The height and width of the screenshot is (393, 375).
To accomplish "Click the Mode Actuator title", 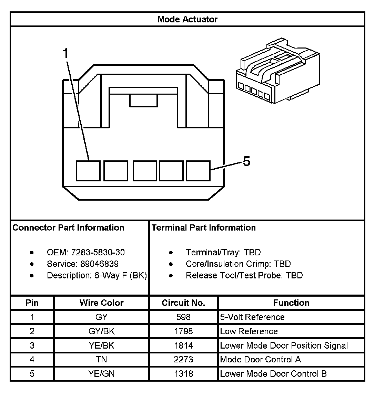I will click(x=187, y=19).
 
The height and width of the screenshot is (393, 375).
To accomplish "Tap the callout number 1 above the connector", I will click(x=65, y=54).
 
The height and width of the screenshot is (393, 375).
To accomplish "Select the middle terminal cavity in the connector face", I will click(x=145, y=171).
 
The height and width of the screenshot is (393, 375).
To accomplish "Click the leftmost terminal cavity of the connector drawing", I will click(x=88, y=171).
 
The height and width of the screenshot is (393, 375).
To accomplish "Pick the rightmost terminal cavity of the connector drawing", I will click(x=198, y=171).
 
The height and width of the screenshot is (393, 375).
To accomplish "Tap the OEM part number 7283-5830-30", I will click(x=98, y=253).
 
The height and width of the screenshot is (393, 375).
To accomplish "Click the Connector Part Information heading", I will click(x=68, y=228).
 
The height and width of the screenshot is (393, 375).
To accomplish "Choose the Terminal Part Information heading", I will click(x=204, y=228).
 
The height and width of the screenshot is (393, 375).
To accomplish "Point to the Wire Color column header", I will click(x=101, y=303).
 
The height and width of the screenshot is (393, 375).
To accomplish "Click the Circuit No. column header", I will click(x=183, y=303).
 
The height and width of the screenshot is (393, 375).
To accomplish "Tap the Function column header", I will click(x=291, y=303).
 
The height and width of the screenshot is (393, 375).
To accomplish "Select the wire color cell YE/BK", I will click(x=101, y=346).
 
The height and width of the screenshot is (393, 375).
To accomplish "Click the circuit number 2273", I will click(x=183, y=360).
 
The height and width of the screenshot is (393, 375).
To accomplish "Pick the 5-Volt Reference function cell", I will click(x=252, y=317).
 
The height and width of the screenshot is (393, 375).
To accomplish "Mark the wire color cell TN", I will click(x=101, y=360).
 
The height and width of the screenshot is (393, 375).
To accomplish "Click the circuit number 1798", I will click(x=183, y=331).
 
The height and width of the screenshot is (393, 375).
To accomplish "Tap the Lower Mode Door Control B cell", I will click(x=273, y=374).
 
